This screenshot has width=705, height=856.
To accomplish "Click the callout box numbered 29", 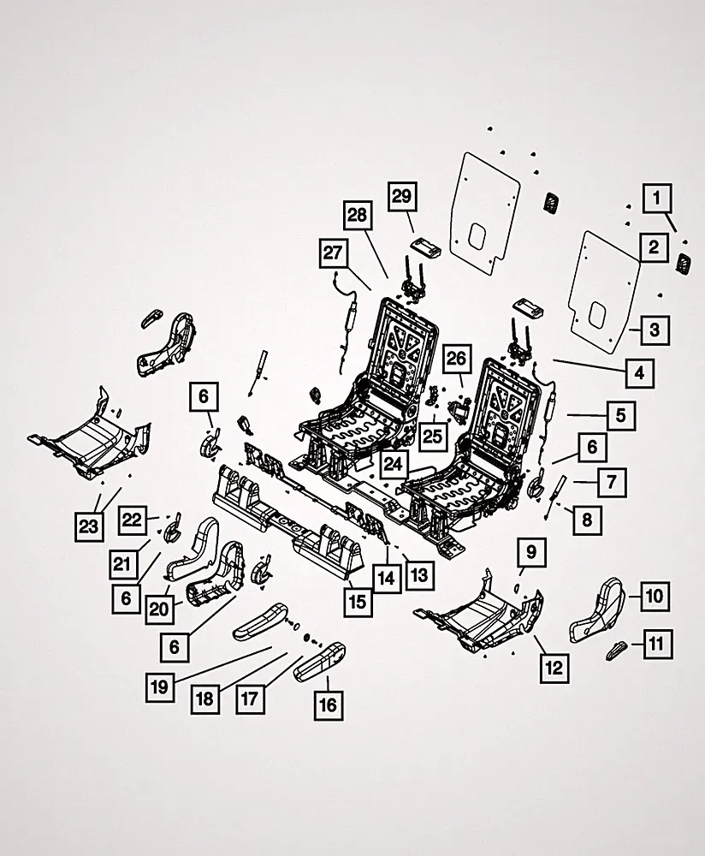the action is tap(401, 197).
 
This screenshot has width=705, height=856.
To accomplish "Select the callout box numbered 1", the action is tap(657, 199).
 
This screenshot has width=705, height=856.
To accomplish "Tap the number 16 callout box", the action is tap(329, 705).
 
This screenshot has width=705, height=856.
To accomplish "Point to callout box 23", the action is tap(88, 526).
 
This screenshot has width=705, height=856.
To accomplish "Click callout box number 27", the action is tap(334, 253).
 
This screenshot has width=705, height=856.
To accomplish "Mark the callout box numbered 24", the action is tap(393, 464).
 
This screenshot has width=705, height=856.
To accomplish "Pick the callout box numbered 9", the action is tap(531, 552).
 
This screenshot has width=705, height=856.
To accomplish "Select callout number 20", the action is tap(159, 609).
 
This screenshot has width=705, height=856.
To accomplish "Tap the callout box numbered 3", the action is tap(655, 330).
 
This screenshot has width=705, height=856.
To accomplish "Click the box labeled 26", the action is tap(457, 359).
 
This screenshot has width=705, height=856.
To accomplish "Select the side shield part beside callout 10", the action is tap(597, 610).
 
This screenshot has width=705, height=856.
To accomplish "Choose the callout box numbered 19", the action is tap(159, 687).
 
